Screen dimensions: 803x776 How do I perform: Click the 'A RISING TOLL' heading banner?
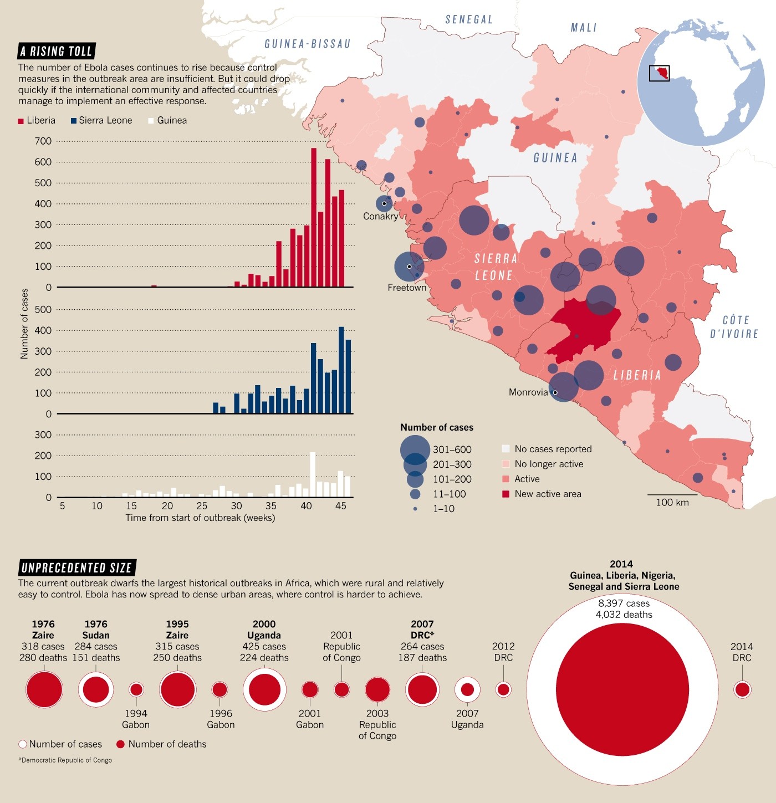pos(56,52)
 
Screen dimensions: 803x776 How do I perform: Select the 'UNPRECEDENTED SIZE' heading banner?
pos(76,568)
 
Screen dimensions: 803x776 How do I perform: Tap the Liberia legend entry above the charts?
pos(37,120)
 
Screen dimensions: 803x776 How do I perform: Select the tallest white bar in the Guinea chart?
pos(313,474)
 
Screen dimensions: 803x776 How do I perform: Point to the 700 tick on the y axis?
pos(43,141)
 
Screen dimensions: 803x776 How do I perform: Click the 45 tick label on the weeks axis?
pos(341,505)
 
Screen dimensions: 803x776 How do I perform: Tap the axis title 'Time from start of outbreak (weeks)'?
pos(200,518)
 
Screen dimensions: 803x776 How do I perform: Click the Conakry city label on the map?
pos(380,216)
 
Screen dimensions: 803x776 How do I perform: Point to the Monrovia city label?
pos(528,392)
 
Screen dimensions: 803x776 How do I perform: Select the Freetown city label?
pos(407,288)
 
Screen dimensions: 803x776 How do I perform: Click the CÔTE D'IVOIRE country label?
pos(734,327)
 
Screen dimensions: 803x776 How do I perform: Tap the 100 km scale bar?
pos(672,495)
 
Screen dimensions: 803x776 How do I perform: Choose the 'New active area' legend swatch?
pos(506,494)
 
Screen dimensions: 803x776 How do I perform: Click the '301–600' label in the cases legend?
pos(452,449)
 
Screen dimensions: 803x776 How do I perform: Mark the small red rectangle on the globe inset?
pos(659,73)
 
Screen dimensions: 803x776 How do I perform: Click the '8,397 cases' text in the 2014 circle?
pos(624,603)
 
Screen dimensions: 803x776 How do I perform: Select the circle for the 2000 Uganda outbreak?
pos(264,689)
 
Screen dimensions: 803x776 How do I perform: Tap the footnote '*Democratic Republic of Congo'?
pos(65,760)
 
